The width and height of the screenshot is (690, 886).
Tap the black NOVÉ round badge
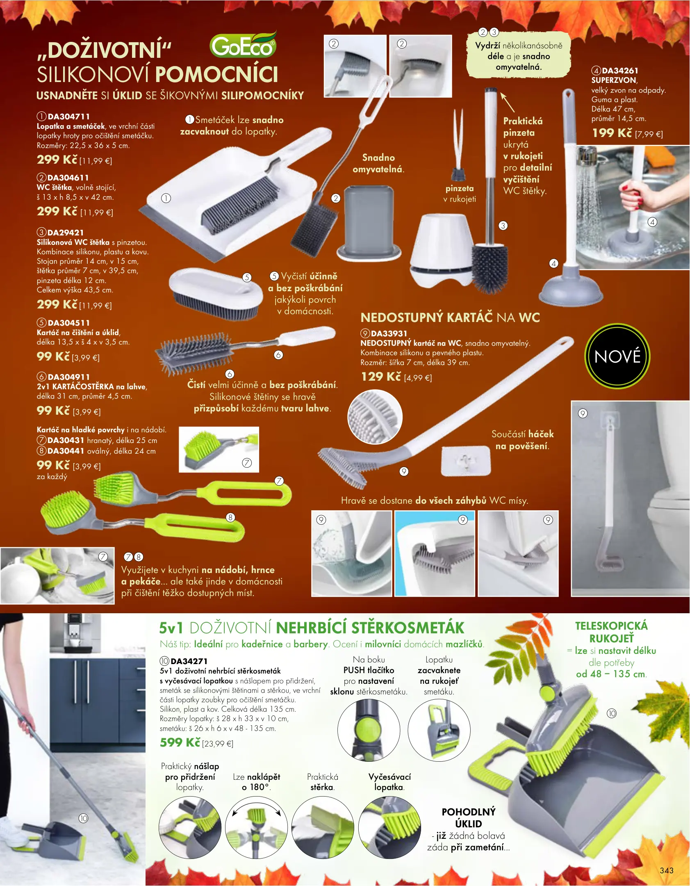coord(617,356)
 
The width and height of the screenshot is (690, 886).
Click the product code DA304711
coord(68,116)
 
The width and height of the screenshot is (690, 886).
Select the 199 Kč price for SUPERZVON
coord(612,133)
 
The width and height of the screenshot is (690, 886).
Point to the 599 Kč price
coord(180,742)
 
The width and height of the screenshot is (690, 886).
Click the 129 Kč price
coord(380,377)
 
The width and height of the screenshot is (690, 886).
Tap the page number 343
coord(667,870)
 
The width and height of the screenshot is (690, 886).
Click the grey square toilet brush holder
coord(369,223)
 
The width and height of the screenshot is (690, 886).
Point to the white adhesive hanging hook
coord(466,461)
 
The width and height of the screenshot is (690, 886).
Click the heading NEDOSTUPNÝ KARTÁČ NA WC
coord(450,317)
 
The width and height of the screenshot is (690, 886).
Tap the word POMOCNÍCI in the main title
coord(217,74)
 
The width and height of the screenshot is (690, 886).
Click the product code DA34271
coord(189,661)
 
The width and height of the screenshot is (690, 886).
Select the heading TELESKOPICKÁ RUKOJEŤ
coord(611,632)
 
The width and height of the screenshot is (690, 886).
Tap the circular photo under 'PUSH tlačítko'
coord(369,730)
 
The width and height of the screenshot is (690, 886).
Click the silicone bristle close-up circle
coord(375,417)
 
